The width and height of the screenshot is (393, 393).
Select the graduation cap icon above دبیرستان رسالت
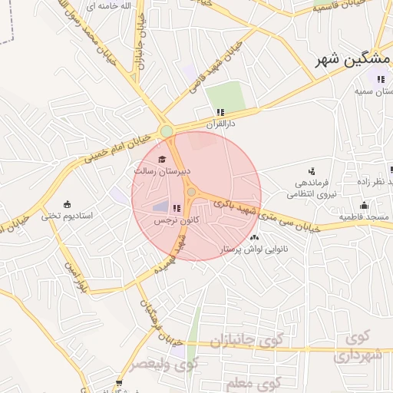(162, 159)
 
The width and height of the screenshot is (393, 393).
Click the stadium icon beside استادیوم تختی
(68, 203)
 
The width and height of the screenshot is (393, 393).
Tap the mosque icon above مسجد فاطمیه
(364, 205)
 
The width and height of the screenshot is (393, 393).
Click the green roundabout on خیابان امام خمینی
(167, 131)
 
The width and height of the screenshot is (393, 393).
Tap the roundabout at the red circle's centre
(191, 193)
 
